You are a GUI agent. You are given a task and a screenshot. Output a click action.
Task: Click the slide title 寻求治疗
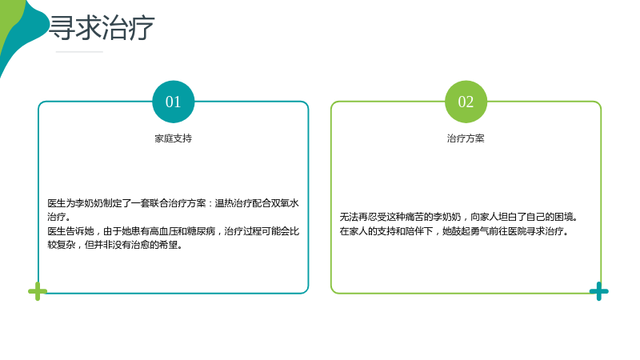[102, 28]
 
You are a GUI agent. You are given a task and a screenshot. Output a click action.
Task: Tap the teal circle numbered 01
[174, 102]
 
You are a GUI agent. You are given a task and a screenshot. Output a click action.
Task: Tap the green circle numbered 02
[466, 102]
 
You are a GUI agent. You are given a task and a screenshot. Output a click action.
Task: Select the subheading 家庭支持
[173, 138]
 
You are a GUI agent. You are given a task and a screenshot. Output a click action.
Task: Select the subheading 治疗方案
[466, 138]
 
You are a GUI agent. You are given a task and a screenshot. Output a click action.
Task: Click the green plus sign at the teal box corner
[38, 291]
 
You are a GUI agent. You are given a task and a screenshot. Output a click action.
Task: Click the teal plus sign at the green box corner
[598, 291]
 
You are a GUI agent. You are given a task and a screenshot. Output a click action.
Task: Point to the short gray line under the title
[79, 52]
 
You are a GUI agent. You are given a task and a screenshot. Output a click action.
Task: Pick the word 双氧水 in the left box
[285, 203]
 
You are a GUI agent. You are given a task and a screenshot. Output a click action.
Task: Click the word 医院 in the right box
[517, 231]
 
